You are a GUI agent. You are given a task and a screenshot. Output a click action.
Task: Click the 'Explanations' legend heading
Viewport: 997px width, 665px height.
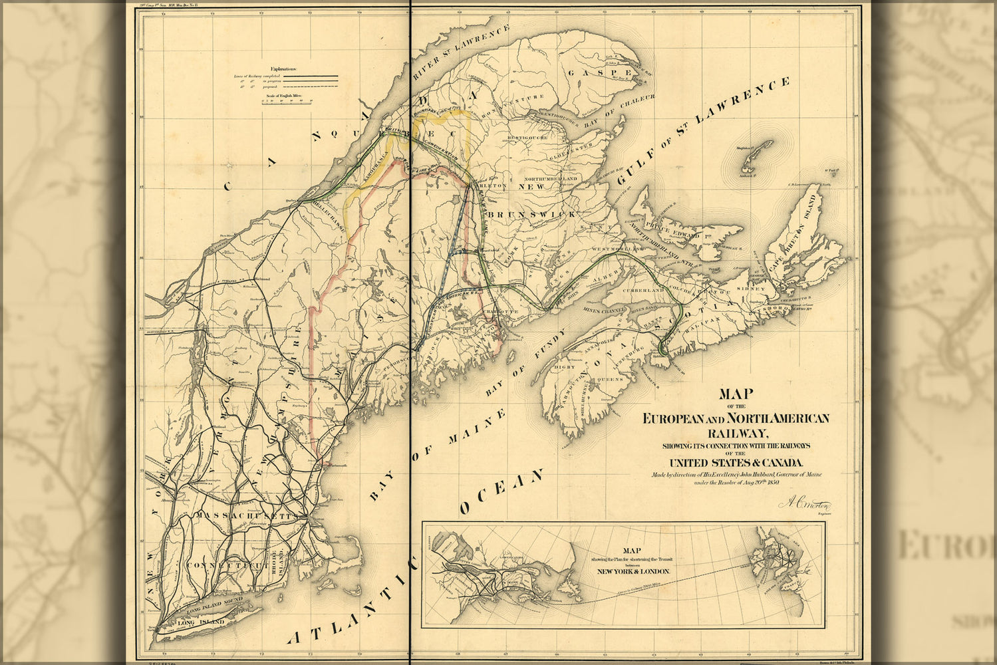coord(284,69)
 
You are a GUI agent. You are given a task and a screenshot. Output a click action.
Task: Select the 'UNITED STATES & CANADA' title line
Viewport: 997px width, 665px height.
coord(736,463)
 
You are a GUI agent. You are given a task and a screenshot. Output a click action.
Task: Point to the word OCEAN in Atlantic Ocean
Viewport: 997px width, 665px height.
coord(502,493)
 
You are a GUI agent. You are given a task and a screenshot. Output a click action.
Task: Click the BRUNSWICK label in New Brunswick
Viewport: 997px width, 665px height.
coord(522,216)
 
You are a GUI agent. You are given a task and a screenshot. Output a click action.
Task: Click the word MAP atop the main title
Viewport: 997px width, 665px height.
coord(735,393)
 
